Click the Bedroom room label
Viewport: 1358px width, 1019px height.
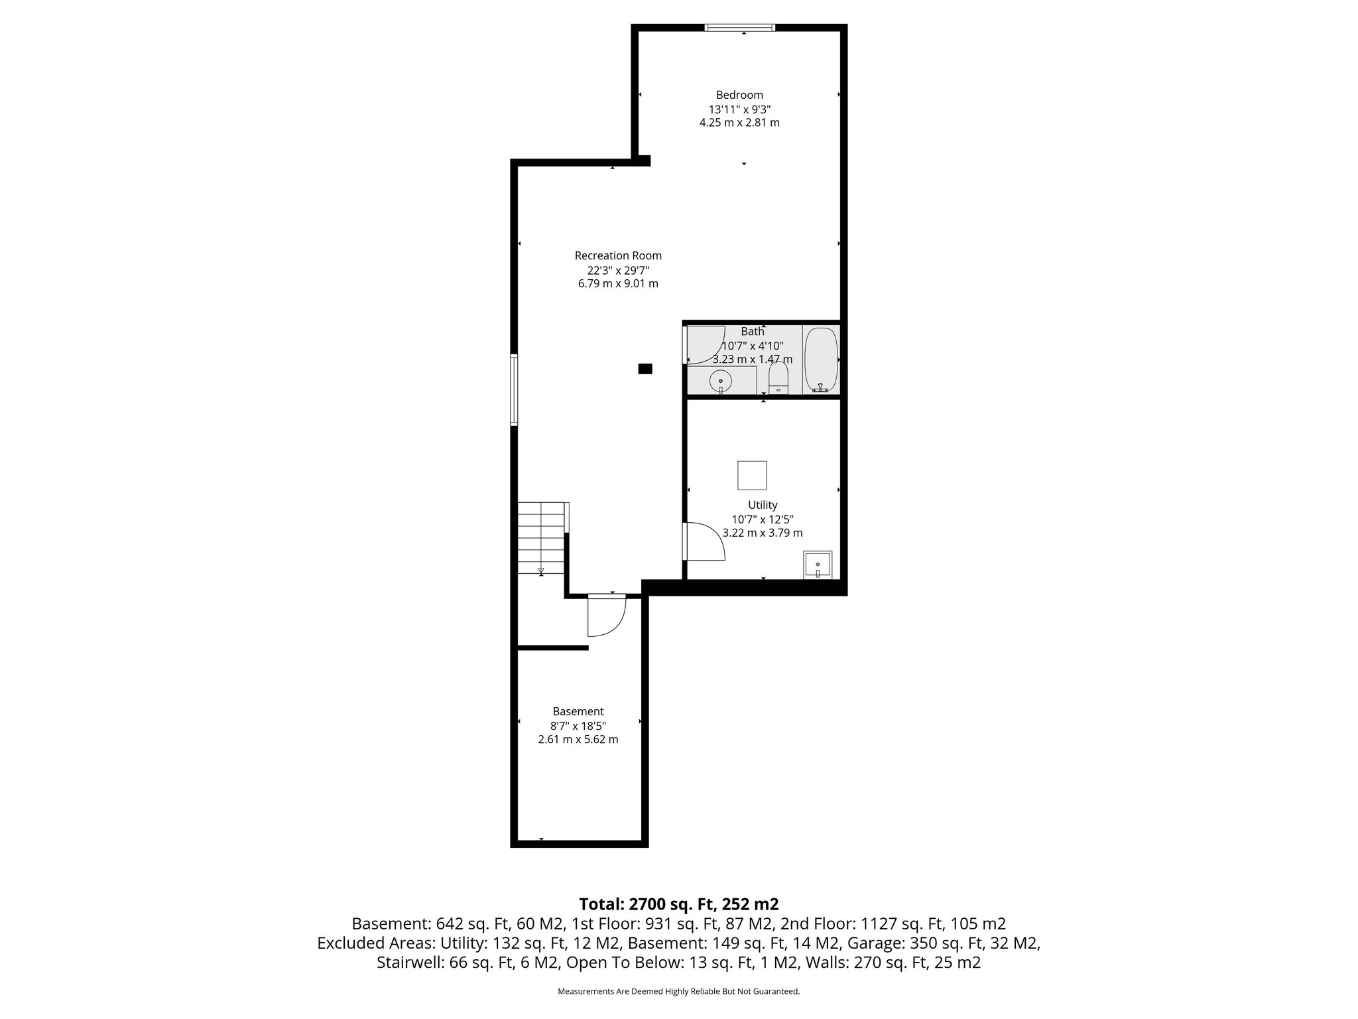point(739,95)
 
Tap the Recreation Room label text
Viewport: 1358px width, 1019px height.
point(618,255)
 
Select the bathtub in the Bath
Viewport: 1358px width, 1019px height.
point(822,360)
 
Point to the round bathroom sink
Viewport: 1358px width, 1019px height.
point(720,381)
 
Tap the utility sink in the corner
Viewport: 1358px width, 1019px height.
point(818,565)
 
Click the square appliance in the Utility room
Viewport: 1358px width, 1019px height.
point(752,475)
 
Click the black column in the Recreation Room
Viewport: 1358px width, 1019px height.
point(645,369)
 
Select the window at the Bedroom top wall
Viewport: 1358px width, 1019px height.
point(740,28)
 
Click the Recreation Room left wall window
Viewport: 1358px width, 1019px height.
point(514,389)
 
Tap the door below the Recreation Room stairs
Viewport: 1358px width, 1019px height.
point(606,616)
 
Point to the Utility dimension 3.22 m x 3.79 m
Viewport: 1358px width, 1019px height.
point(763,533)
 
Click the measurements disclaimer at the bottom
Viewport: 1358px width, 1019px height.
point(679,991)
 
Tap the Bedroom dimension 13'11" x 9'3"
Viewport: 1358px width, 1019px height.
point(739,109)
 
